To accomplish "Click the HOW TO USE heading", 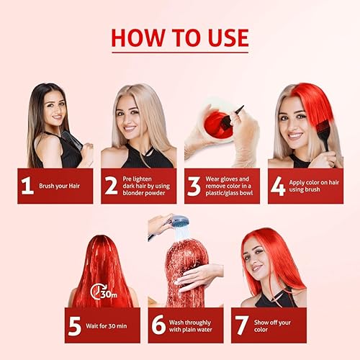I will pos(179,37).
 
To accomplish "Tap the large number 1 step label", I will pos(28,186).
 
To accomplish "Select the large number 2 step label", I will pos(111,186).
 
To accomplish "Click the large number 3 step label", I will pos(194,186).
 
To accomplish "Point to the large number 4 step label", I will pos(278,186).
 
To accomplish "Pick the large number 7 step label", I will pos(243,325).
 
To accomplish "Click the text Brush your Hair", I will pos(61,186).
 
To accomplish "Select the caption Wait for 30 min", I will pos(108,325).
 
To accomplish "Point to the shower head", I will pos(179,222).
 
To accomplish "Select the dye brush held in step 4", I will pos(323,134).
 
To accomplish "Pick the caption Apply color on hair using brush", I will pos(312,186).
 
